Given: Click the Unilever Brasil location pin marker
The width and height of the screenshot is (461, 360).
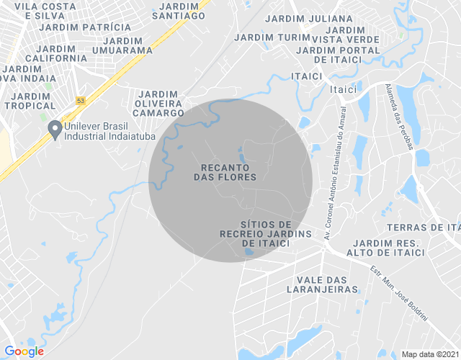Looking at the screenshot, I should click(54, 130).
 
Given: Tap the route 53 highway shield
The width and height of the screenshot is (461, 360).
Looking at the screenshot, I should click(81, 99).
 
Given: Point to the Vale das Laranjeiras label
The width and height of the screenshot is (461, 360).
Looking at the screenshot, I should click(327, 284).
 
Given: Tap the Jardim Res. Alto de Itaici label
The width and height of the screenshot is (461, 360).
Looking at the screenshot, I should click(385, 248).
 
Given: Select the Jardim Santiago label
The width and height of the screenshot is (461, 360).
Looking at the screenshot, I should click(179, 10).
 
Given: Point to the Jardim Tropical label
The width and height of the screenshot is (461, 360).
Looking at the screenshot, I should click(30, 101).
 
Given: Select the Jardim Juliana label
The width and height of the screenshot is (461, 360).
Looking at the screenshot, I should click(309, 19).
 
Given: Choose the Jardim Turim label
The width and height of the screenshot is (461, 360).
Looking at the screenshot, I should click(272, 37).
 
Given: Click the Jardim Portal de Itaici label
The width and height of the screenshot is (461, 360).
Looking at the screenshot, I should click(338, 55).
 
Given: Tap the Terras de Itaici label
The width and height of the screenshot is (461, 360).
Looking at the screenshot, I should click(423, 228).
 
